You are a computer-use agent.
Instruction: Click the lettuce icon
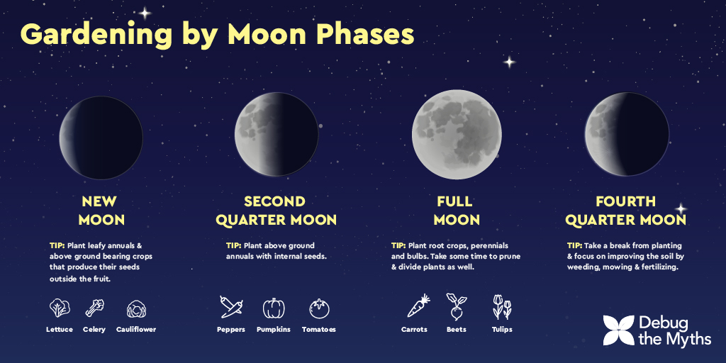point(60,308)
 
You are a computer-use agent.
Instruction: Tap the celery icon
point(94,308)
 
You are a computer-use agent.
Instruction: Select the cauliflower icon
point(136,309)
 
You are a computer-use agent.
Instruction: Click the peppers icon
point(231,307)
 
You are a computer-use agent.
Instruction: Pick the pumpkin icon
point(274,308)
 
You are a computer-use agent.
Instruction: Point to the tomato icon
point(319,308)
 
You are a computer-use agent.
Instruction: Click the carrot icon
point(418,306)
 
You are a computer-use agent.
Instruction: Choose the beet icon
point(457,306)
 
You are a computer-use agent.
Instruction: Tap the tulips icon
point(502,307)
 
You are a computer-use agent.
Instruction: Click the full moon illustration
point(457,135)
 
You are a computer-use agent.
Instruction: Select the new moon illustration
point(101,138)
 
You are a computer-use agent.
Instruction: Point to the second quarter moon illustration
point(277,134)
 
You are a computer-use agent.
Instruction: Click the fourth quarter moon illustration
point(627,134)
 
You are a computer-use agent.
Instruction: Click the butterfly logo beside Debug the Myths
point(618,330)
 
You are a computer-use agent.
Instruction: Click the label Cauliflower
point(136,330)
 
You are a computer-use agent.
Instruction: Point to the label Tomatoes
point(319,330)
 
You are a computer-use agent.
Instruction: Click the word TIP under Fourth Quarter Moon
point(574,245)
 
